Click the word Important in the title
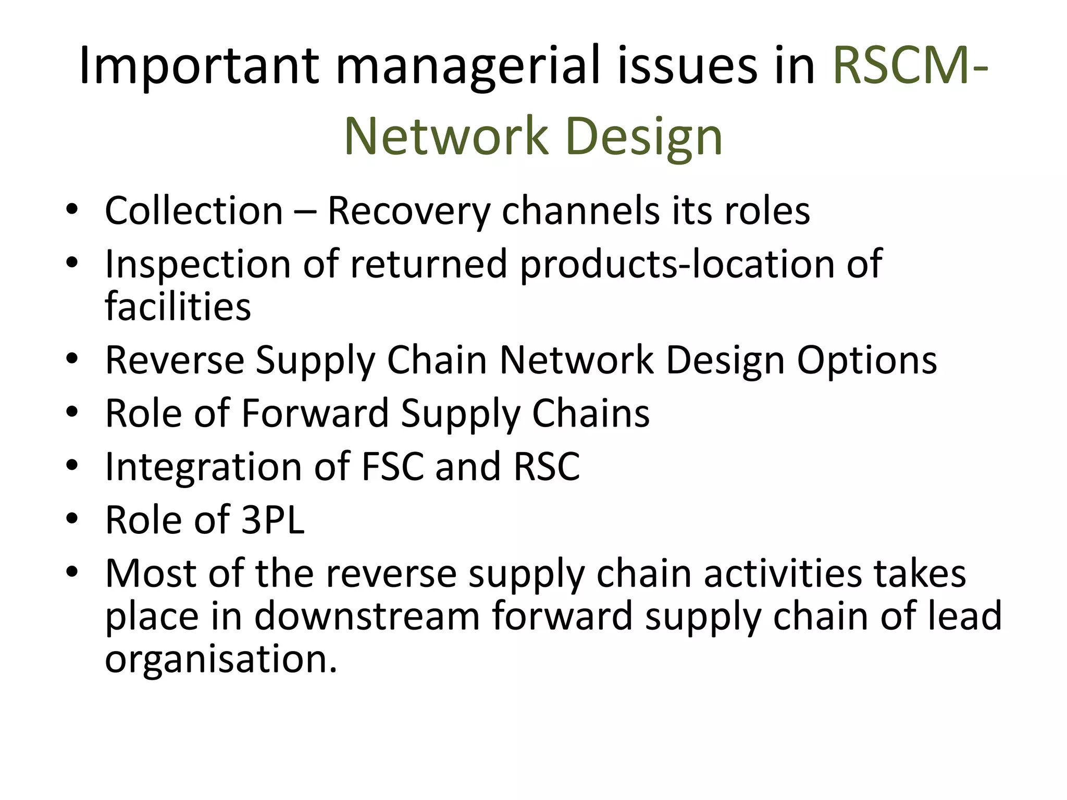click(x=198, y=67)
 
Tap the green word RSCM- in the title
click(x=910, y=67)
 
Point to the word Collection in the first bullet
click(x=194, y=211)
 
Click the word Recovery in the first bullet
click(x=409, y=211)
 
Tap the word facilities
click(x=178, y=307)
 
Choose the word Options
click(x=867, y=360)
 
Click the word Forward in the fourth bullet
click(x=315, y=414)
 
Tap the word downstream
click(x=367, y=616)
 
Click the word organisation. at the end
click(x=221, y=659)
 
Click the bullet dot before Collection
click(x=72, y=211)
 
